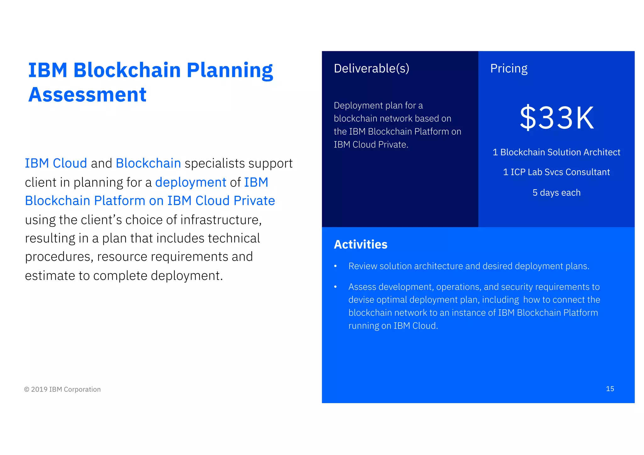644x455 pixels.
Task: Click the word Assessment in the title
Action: tap(87, 95)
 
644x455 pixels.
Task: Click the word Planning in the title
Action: tap(230, 70)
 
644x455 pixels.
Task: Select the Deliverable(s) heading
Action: tap(371, 69)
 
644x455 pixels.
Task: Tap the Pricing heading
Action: tap(508, 69)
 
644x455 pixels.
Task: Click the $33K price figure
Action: tap(557, 118)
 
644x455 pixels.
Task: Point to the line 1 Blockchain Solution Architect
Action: tap(556, 152)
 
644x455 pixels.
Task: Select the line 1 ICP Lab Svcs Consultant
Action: tap(556, 172)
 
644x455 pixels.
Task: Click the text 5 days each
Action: tap(556, 192)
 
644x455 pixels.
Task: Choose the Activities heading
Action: tap(360, 244)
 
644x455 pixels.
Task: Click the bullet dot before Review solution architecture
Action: tap(336, 266)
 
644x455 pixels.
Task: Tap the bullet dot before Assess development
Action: tap(336, 287)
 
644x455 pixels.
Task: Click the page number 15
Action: tap(610, 389)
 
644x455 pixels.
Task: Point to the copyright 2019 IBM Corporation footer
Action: tap(63, 389)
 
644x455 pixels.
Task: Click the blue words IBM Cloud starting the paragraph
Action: tap(56, 163)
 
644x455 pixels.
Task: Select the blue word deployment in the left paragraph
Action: tap(191, 182)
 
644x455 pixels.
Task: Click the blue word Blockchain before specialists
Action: tap(148, 163)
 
